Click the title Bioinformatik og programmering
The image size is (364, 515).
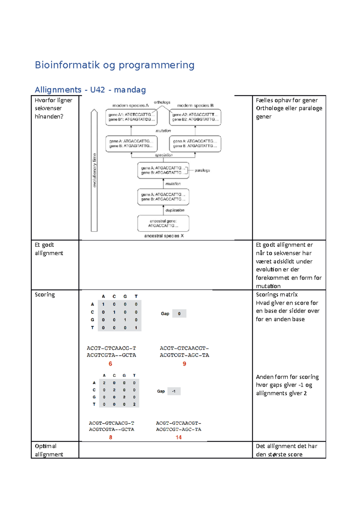click(x=115, y=65)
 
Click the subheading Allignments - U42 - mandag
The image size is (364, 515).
click(x=90, y=90)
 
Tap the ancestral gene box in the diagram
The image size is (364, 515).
click(x=163, y=223)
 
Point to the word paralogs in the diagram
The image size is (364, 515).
click(x=202, y=170)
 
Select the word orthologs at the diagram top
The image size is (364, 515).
click(x=162, y=102)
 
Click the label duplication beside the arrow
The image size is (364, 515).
click(x=175, y=210)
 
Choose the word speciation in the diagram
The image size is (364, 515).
click(x=164, y=155)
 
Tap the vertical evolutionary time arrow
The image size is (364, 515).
click(x=94, y=170)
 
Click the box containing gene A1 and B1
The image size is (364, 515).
click(x=131, y=117)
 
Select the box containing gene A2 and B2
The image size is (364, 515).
click(x=195, y=117)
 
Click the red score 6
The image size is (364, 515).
click(x=110, y=364)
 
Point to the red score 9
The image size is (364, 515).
click(x=184, y=364)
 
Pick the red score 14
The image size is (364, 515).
click(x=178, y=437)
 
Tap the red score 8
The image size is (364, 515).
click(x=111, y=437)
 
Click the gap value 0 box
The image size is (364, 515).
click(x=179, y=314)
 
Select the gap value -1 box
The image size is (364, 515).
click(x=174, y=391)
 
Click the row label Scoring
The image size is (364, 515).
click(x=45, y=295)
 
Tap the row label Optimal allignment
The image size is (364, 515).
click(x=49, y=450)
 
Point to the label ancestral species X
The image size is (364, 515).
click(x=164, y=236)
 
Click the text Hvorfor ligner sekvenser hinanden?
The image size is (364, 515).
click(x=53, y=108)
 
